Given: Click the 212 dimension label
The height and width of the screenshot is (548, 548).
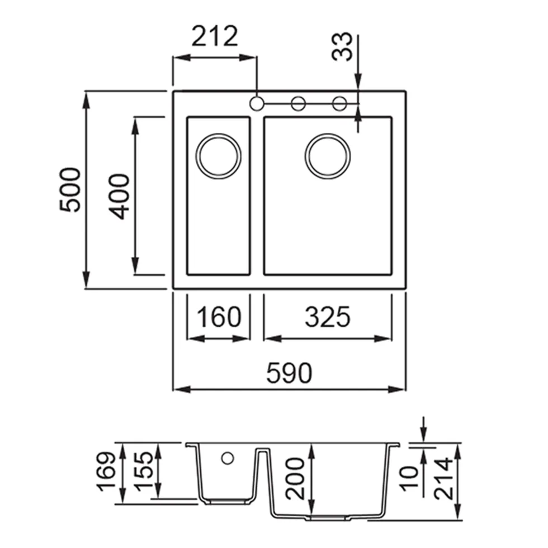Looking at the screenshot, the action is (x=215, y=36).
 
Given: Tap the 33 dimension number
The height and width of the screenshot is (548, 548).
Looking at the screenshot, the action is (x=342, y=47).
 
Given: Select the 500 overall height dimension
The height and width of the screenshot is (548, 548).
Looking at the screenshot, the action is (x=70, y=190).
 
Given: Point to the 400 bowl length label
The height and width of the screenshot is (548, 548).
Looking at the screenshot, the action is (x=119, y=197).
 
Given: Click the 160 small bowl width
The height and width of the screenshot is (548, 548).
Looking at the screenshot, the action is (x=219, y=317).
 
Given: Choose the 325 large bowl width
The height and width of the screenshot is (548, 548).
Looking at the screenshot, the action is (x=327, y=317).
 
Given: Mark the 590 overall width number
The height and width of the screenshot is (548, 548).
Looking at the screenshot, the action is (x=289, y=373).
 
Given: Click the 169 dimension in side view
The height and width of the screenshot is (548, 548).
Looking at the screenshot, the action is (x=106, y=472).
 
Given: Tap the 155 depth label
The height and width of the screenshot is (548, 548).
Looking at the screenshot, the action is (x=144, y=471).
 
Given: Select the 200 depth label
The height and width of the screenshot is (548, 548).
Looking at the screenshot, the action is (x=295, y=478).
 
